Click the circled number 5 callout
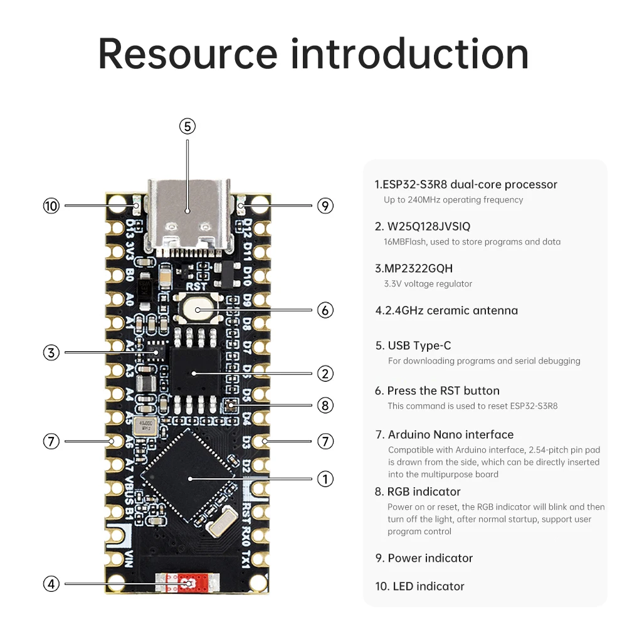click(x=187, y=126)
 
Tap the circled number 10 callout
click(x=51, y=206)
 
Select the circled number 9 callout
click(x=325, y=206)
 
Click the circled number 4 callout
click(x=51, y=584)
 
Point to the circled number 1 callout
click(x=325, y=479)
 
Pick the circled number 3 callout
click(x=51, y=352)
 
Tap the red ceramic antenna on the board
click(x=188, y=583)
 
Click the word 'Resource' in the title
click(x=187, y=53)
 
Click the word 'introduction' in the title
click(x=409, y=53)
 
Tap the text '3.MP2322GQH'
click(x=413, y=268)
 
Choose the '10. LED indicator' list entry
click(x=419, y=586)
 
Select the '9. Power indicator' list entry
click(x=424, y=558)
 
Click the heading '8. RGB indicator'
click(x=418, y=492)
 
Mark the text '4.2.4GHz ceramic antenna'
click(x=446, y=310)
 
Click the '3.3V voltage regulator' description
click(x=428, y=284)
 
